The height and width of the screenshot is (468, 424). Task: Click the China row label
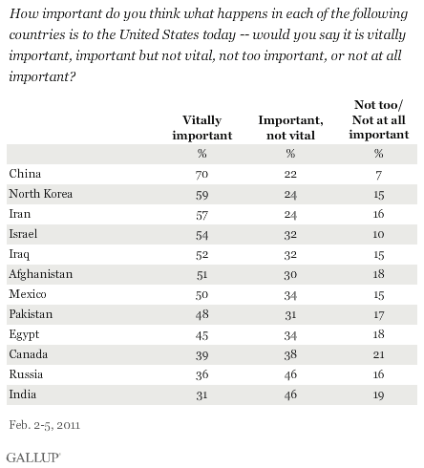pos(23,175)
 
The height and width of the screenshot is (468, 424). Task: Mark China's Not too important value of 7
pos(379,175)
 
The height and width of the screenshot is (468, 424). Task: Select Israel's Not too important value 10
pos(378,233)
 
